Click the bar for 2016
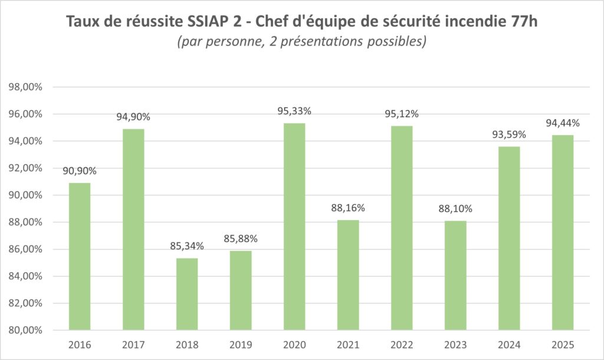[x=80, y=256]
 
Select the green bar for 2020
[x=294, y=227]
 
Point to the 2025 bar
[x=563, y=233]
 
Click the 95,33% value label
[x=294, y=111]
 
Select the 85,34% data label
[x=187, y=246]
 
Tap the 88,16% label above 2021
[x=348, y=208]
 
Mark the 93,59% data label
[x=509, y=135]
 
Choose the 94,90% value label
[x=133, y=117]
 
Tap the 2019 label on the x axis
[x=241, y=345]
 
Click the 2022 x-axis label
[x=402, y=345]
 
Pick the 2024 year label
[x=509, y=345]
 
